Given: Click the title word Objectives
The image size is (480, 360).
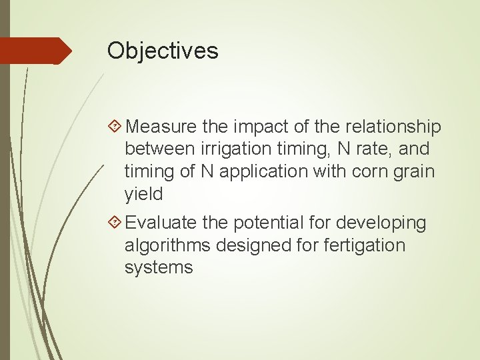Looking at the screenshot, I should point(163,50).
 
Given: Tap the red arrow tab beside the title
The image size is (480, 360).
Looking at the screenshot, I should point(35,51).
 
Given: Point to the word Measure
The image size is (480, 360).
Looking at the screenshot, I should point(159,126).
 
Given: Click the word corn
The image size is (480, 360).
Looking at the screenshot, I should point(367,171).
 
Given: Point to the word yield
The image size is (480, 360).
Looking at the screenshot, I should point(144,194).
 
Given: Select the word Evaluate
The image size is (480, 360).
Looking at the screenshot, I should point(161,222).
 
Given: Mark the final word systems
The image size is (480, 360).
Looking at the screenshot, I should point(159,267).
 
